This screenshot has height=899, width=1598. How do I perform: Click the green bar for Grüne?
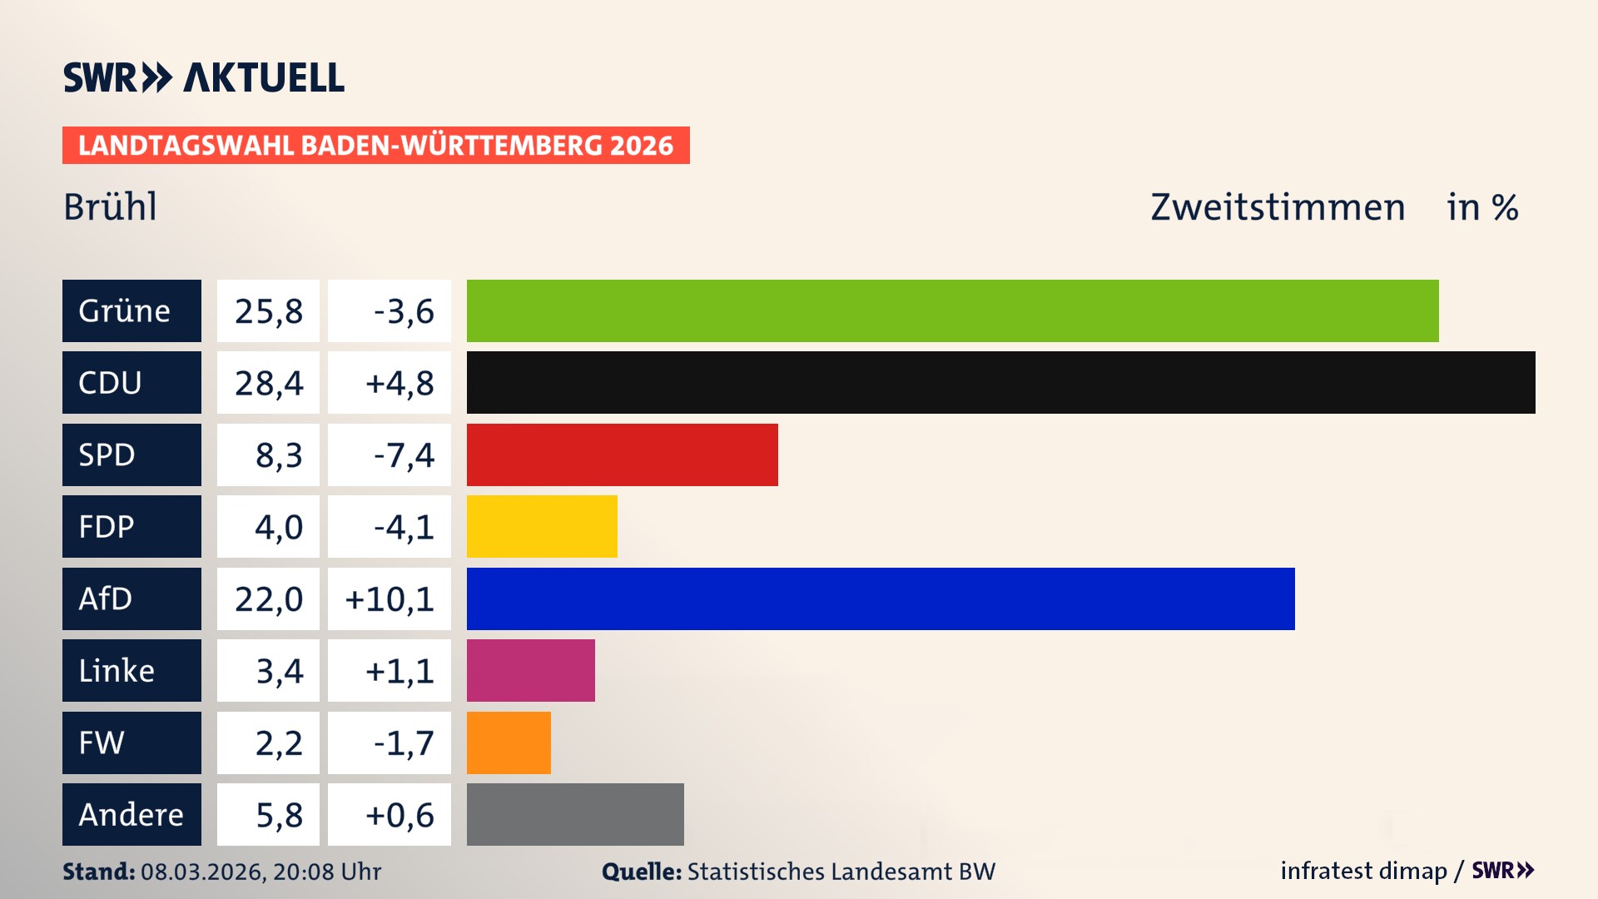(x=952, y=310)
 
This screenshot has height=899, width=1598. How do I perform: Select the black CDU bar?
(x=1000, y=382)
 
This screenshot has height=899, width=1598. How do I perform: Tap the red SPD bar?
(x=622, y=454)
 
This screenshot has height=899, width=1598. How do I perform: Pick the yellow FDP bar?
(x=542, y=526)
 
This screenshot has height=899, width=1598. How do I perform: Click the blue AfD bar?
(x=881, y=599)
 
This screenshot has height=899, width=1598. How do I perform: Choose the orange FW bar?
(x=509, y=743)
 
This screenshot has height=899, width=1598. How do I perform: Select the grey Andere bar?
(x=575, y=814)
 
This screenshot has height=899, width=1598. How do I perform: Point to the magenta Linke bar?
(x=530, y=670)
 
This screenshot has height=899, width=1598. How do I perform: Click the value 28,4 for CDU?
(x=268, y=383)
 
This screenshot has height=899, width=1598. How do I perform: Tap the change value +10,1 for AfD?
(x=390, y=599)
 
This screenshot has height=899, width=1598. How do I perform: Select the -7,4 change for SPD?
(x=404, y=455)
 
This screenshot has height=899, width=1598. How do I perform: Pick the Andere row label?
(x=132, y=814)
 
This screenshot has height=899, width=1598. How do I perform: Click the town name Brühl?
(x=110, y=207)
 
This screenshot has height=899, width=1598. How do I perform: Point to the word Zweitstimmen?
(x=1278, y=207)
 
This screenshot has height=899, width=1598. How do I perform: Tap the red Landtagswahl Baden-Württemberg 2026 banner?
(x=375, y=146)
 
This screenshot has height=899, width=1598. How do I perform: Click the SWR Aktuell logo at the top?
(x=203, y=77)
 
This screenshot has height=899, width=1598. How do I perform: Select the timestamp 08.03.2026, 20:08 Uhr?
(x=261, y=872)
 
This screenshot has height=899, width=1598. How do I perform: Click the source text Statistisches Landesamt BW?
(x=841, y=872)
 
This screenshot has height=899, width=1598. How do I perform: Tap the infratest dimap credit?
(x=1363, y=871)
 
